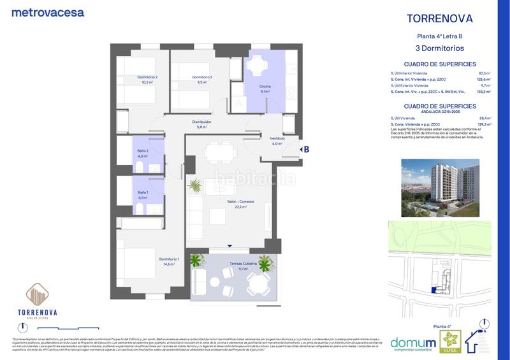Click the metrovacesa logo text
[x=48, y=12]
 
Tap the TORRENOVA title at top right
[x=440, y=18]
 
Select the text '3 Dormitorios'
[x=440, y=48]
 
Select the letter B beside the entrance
[x=306, y=150]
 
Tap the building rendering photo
[x=439, y=187]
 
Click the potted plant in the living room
[x=194, y=186]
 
